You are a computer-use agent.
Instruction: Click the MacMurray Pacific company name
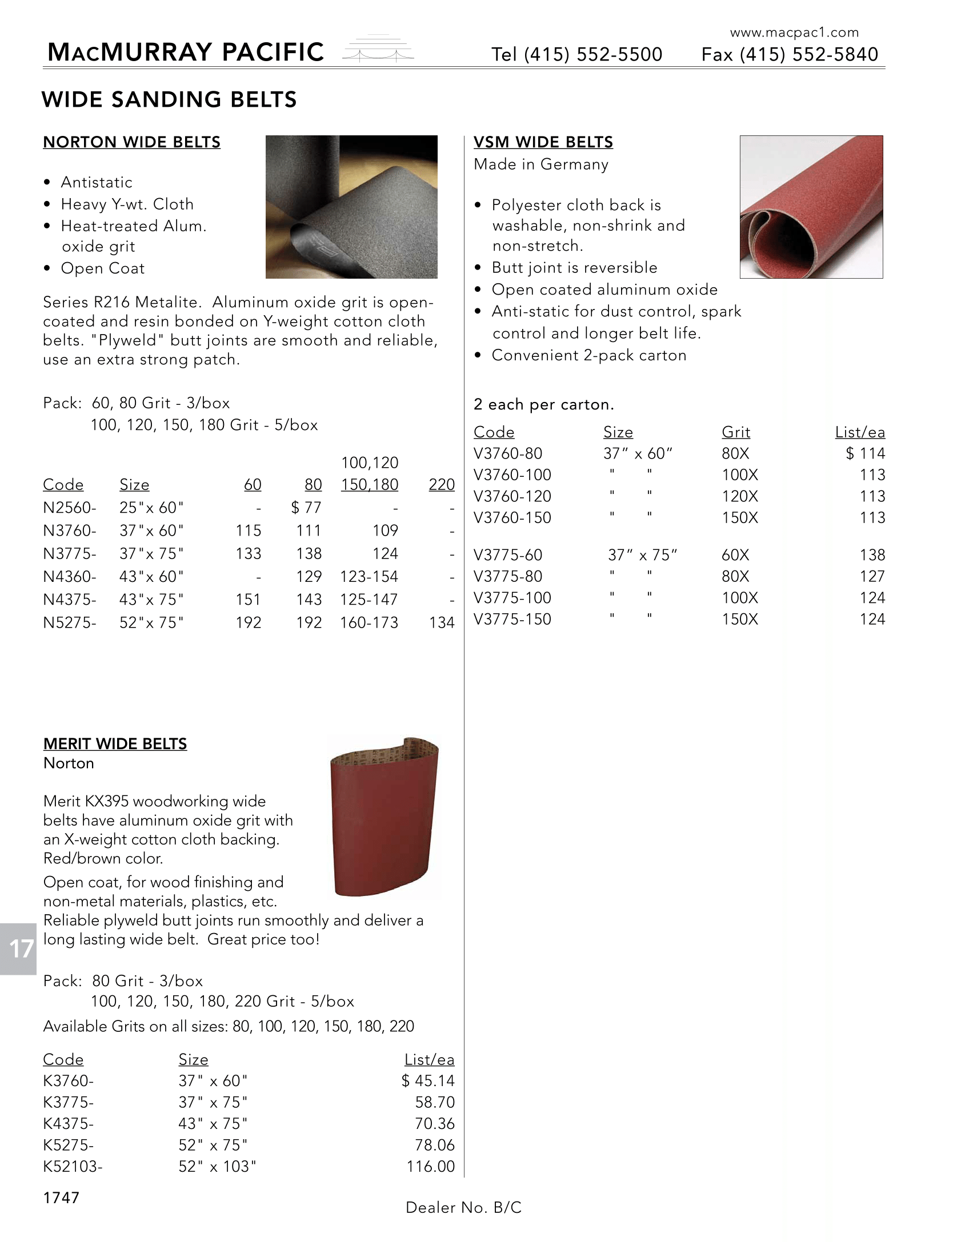[186, 53]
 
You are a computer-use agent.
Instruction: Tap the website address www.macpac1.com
[794, 33]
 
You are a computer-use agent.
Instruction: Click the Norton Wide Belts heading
[131, 142]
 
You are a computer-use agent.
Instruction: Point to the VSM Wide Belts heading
[543, 142]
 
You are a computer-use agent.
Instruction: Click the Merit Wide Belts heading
[115, 744]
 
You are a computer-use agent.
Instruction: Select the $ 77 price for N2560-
[306, 508]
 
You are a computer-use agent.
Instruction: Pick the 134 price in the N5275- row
[442, 622]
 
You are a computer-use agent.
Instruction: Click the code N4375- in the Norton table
[70, 600]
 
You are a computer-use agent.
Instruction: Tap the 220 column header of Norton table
[442, 485]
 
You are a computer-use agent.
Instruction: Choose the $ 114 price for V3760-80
[865, 453]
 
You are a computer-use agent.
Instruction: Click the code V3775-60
[508, 555]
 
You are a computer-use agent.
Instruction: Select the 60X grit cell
[735, 555]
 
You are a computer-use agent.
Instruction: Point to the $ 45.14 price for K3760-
[428, 1081]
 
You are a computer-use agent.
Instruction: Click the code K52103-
[73, 1167]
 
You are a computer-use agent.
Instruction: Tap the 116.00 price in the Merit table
[430, 1167]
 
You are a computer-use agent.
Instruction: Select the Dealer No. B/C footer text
[463, 1208]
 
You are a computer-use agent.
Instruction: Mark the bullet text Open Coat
[102, 268]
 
